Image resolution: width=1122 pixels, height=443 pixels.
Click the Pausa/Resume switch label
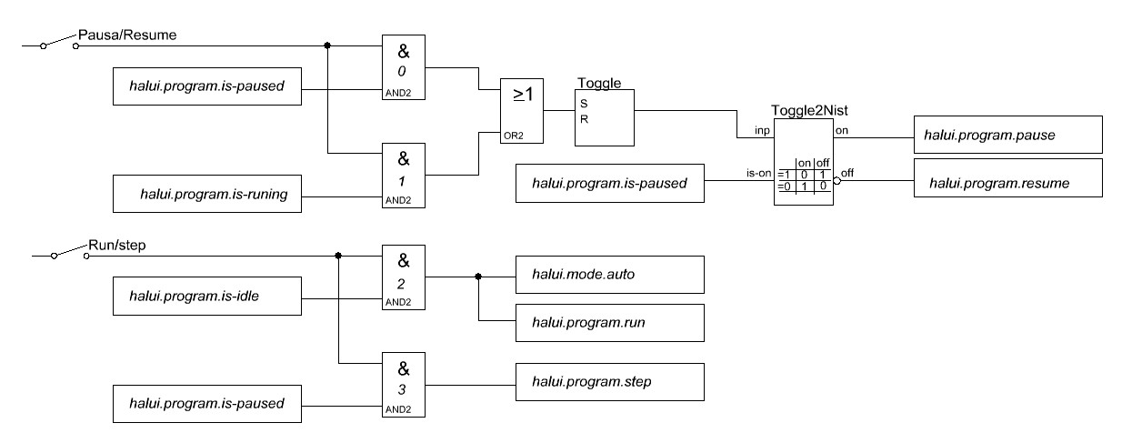click(127, 35)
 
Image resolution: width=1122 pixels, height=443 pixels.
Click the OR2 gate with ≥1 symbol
click(520, 110)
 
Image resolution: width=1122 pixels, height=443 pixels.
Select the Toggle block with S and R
click(605, 117)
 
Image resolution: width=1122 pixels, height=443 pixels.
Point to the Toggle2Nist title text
click(809, 109)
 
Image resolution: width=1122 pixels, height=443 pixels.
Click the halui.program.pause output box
click(1007, 136)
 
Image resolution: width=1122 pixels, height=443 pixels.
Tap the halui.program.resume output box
click(1007, 183)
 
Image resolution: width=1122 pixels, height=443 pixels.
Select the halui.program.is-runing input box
click(206, 196)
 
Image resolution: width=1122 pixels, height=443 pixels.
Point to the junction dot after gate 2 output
click(478, 277)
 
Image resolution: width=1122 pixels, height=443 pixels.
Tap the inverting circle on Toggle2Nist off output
click(838, 180)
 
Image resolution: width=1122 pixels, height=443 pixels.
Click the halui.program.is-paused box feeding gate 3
click(206, 403)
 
